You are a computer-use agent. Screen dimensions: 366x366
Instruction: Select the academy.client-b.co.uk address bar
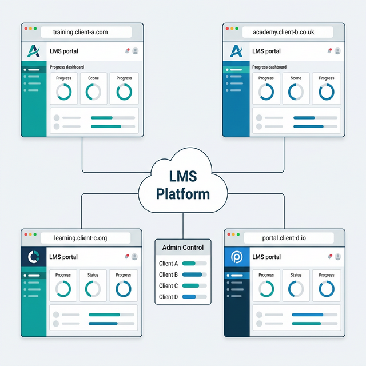(284, 33)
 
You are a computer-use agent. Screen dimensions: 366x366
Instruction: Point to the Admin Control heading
(183, 248)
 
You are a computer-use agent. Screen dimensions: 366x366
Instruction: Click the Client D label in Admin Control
(169, 297)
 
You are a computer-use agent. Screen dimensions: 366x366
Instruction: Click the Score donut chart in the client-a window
(94, 91)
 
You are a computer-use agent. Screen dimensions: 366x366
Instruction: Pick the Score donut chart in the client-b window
(296, 91)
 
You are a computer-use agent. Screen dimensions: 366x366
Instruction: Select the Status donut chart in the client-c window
(93, 289)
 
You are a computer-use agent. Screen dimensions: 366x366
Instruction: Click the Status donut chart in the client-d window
(296, 289)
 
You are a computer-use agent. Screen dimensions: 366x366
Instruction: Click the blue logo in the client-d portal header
(236, 257)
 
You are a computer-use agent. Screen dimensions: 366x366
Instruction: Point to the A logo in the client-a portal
(34, 51)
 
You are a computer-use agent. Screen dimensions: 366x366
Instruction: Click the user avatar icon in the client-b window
(337, 51)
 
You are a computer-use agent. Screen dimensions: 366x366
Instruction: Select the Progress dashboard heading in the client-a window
(67, 67)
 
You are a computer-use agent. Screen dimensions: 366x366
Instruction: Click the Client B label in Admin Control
(169, 275)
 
